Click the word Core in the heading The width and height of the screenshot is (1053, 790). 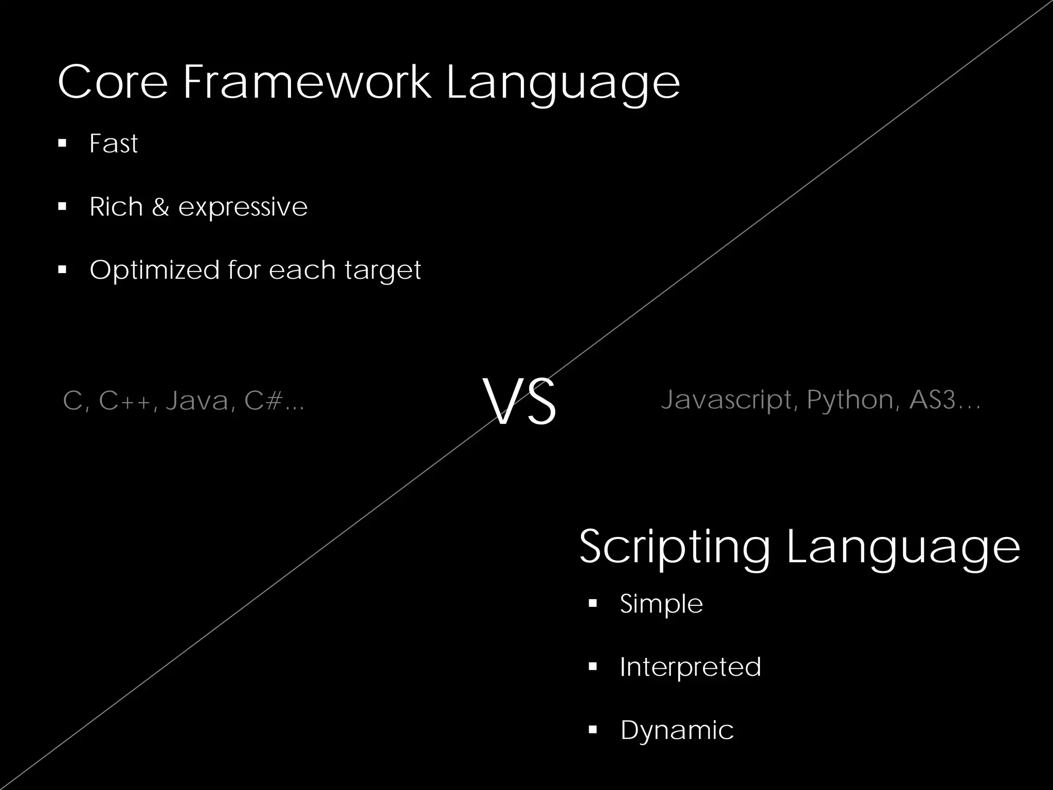113,82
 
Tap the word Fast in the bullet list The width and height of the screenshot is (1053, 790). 114,143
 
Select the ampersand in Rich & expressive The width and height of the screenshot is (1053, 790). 160,207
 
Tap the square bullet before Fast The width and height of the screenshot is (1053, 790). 63,143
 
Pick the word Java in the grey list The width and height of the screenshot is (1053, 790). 197,401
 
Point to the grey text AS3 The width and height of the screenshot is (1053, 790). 932,400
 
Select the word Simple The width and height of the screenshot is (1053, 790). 661,604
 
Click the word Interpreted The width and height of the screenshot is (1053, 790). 690,668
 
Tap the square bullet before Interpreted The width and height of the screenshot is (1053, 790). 593,667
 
